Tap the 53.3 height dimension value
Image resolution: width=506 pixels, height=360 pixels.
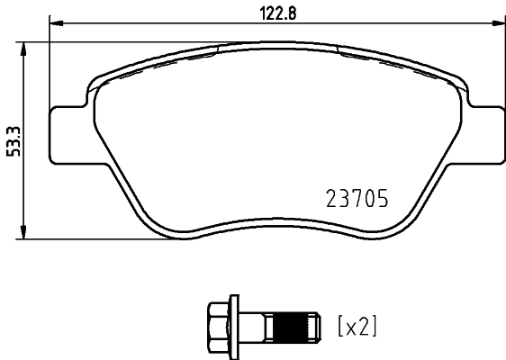[12, 139]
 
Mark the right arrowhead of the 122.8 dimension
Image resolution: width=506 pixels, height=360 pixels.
[498, 24]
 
